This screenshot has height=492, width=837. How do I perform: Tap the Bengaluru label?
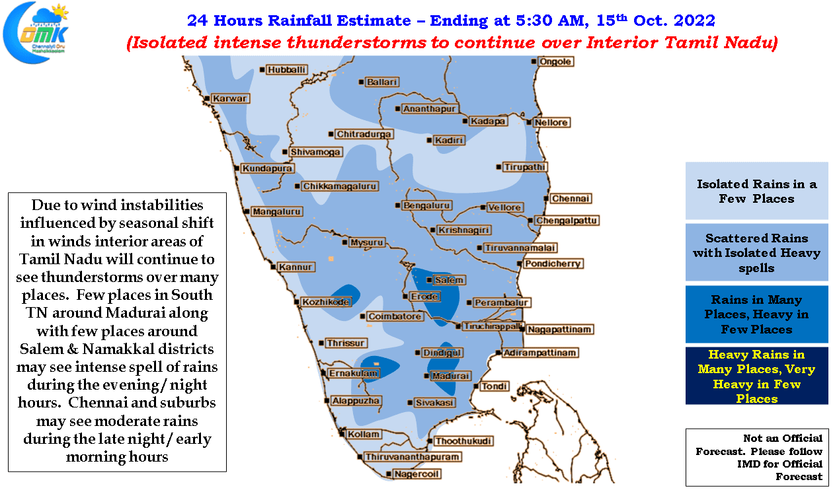(426, 205)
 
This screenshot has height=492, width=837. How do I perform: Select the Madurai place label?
(450, 376)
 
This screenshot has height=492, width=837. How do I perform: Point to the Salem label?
(449, 280)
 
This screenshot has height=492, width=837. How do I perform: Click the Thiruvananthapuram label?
(412, 457)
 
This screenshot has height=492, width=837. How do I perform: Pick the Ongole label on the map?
(555, 61)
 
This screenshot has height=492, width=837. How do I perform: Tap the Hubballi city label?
(286, 70)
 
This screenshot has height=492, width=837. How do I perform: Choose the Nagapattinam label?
(559, 330)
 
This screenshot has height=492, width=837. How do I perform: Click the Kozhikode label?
(325, 302)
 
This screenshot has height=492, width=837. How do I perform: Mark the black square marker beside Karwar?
(207, 98)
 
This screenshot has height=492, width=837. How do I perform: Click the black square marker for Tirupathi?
(498, 167)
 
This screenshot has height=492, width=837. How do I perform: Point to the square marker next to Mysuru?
(344, 242)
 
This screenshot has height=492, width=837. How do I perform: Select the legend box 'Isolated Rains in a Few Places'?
(756, 191)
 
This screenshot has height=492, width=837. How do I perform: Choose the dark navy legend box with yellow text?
(756, 376)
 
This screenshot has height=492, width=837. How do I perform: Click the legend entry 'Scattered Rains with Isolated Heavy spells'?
(756, 252)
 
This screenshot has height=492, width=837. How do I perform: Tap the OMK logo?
(36, 33)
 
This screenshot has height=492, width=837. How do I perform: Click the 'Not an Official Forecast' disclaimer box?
(757, 457)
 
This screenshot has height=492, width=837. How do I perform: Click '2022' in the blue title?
(695, 20)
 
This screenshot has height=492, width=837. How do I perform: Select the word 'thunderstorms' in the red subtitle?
(357, 42)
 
